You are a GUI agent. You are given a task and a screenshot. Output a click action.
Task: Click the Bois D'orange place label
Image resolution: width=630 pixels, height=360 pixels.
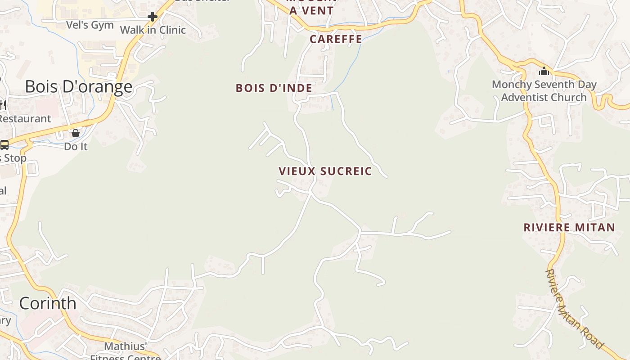[79, 86]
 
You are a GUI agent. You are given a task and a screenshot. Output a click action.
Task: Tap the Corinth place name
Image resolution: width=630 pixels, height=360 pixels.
[48, 303]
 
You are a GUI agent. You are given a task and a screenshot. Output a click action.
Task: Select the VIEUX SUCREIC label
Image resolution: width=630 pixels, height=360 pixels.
[325, 171]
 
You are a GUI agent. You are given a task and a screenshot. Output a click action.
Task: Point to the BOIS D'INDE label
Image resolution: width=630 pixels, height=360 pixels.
[274, 88]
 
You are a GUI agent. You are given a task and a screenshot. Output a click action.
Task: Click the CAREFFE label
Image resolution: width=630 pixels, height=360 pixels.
[336, 39]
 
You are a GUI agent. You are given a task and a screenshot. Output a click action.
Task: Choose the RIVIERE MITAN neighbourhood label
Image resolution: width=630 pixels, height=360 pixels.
[569, 228]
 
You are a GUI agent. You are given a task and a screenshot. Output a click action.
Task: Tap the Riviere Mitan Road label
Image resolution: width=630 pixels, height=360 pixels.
[573, 309]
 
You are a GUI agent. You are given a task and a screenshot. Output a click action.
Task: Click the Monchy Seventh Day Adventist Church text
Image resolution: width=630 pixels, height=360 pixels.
[544, 91]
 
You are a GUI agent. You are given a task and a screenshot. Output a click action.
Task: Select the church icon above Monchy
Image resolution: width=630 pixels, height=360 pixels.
[544, 71]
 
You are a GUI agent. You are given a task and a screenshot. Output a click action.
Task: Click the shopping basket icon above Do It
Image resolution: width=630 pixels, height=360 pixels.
[76, 133]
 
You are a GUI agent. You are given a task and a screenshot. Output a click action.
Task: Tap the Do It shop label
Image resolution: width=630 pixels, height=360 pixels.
[76, 147]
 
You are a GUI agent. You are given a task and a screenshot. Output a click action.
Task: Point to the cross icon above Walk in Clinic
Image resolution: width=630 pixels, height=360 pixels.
[153, 17]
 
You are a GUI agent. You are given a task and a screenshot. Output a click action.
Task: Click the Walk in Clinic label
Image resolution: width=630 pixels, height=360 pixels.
[153, 30]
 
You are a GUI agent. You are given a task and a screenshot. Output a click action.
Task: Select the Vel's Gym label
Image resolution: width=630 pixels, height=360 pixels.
[90, 25]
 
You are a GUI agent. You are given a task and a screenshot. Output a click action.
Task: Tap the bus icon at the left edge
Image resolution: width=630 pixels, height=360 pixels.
[4, 145]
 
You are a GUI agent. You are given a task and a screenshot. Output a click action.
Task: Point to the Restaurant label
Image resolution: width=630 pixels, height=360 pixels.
[25, 119]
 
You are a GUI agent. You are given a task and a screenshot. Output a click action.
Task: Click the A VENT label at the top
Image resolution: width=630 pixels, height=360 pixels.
[311, 11]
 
